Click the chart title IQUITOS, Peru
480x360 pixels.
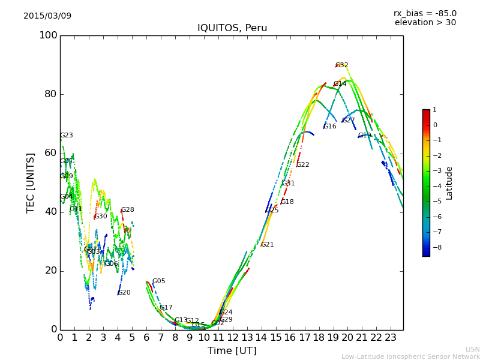click(232, 28)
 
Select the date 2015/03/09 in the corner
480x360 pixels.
click(47, 16)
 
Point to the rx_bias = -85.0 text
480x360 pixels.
click(425, 13)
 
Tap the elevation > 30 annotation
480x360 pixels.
click(425, 23)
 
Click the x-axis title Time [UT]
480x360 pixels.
click(232, 351)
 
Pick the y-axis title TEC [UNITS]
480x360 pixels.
click(31, 182)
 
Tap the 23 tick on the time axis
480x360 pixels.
click(391, 338)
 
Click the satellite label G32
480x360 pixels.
click(342, 65)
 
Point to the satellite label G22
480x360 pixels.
click(303, 165)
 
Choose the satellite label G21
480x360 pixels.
click(267, 245)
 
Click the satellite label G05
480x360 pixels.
click(158, 281)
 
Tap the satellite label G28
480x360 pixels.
click(127, 210)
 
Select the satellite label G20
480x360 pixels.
click(124, 293)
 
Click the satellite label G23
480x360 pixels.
click(66, 136)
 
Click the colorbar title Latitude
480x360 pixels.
click(449, 182)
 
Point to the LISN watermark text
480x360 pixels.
click(472, 349)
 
